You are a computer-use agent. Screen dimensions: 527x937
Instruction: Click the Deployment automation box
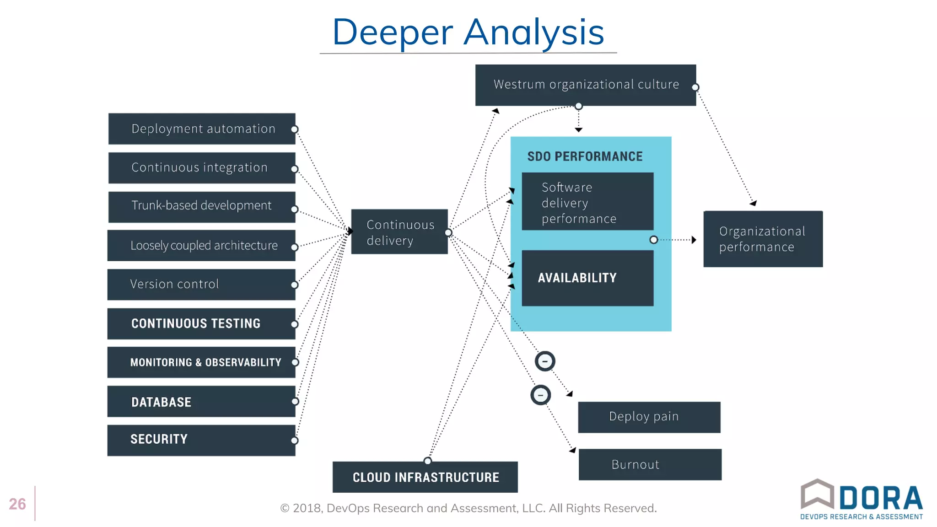pos(202,129)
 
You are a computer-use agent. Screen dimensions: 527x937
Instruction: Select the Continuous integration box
pos(202,168)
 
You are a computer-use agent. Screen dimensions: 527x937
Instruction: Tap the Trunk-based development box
pos(202,207)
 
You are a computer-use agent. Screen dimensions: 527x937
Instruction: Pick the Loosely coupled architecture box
pos(201,246)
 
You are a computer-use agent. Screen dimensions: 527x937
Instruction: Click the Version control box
pos(201,285)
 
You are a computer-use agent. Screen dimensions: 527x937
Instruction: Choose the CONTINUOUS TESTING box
pos(201,323)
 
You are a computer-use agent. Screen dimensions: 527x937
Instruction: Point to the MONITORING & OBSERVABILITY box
pos(201,362)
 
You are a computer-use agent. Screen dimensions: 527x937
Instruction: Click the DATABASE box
pos(201,402)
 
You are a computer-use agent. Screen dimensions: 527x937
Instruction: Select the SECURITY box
pos(201,440)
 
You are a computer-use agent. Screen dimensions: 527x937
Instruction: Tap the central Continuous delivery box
pos(399,232)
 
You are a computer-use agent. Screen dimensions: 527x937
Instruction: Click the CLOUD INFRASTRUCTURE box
pos(425,477)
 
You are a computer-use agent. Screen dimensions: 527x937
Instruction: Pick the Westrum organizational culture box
pos(585,85)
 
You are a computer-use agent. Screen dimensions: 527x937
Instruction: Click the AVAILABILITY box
pos(587,278)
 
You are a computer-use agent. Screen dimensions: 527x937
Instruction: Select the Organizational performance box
pos(763,239)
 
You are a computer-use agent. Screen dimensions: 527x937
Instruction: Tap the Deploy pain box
pos(649,417)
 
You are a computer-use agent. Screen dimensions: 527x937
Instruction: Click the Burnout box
pos(650,464)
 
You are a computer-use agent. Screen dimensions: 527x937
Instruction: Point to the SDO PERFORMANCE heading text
pos(585,156)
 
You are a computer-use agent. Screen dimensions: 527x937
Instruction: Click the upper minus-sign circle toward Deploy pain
pos(545,361)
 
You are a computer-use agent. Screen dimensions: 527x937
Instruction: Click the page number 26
pos(17,504)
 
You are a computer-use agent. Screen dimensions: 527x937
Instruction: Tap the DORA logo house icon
pos(817,494)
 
